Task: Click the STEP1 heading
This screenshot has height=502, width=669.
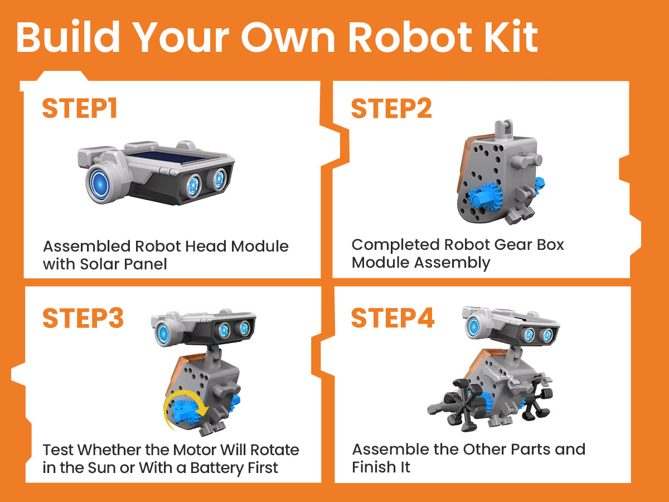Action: pos(80,108)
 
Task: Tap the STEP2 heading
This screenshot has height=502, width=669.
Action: pos(392,108)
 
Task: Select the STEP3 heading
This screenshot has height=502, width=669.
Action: pos(83,318)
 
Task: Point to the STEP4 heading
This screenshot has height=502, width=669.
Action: pos(392,318)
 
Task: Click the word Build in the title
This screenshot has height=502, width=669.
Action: pos(68,37)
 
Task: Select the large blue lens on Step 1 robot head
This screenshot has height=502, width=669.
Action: pos(100,182)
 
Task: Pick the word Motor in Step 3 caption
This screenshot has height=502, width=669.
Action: pos(194,450)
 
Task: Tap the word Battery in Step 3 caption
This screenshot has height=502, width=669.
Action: pos(217,468)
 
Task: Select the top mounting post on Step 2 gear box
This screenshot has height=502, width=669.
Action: pos(504,128)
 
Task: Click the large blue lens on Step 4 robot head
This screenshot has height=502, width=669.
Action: pos(474,327)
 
